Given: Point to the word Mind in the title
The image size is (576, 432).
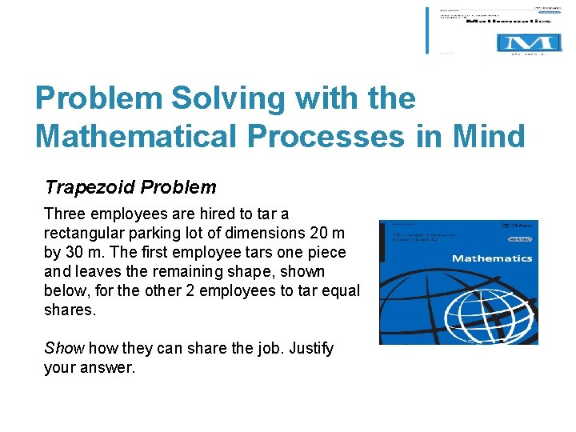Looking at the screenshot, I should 490,136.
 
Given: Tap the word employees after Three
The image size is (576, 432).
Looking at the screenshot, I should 129,214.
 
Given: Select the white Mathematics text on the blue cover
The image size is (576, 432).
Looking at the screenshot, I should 491,258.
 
